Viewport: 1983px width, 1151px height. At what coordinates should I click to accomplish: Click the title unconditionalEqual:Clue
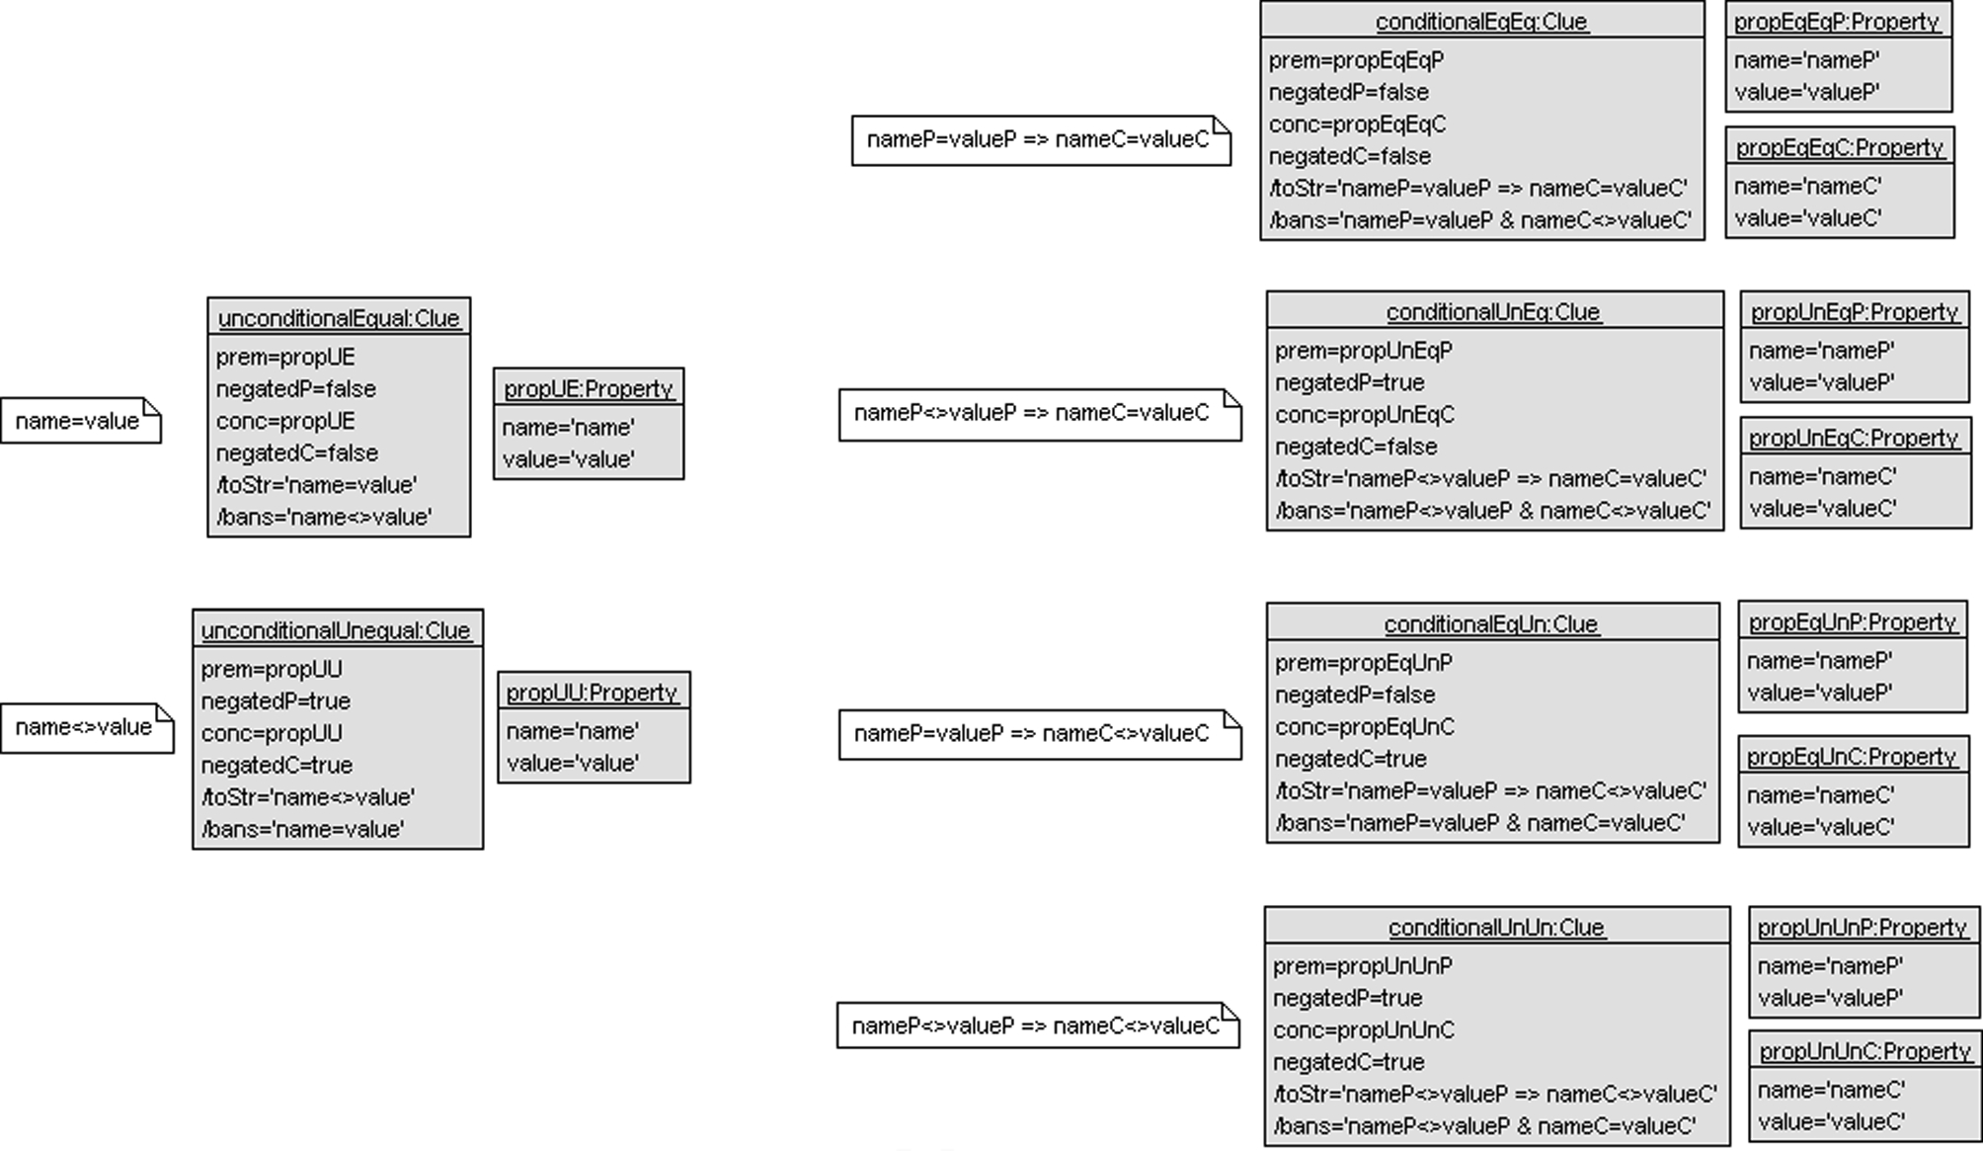(x=339, y=318)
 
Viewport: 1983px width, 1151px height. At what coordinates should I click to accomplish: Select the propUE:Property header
(x=589, y=388)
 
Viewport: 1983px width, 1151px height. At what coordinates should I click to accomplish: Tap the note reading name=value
(x=78, y=421)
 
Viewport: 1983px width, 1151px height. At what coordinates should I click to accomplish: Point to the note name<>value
(x=84, y=727)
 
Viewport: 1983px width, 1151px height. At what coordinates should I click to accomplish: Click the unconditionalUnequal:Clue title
(x=336, y=630)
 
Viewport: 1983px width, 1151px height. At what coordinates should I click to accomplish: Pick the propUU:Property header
(x=593, y=693)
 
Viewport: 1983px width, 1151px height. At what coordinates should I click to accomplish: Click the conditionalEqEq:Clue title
(x=1481, y=22)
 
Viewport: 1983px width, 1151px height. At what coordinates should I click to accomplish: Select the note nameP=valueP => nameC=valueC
(x=1038, y=139)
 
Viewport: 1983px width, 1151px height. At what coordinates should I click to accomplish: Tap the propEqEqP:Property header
(x=1837, y=22)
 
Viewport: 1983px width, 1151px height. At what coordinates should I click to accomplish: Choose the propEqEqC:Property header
(x=1840, y=147)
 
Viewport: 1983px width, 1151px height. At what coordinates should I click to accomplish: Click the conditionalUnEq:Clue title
(x=1493, y=312)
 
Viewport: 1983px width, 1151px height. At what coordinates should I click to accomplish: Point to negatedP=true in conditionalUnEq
(x=1350, y=382)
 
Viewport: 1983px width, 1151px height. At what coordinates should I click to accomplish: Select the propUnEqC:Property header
(x=1854, y=438)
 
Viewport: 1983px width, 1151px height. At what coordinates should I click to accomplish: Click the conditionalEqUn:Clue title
(x=1491, y=624)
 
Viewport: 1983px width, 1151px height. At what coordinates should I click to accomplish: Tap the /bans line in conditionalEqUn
(x=1480, y=823)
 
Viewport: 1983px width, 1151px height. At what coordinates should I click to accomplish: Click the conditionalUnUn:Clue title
(x=1497, y=928)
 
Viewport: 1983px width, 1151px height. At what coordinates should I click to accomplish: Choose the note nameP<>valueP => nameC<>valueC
(x=1036, y=1026)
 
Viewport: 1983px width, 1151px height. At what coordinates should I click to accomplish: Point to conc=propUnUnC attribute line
(x=1364, y=1030)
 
